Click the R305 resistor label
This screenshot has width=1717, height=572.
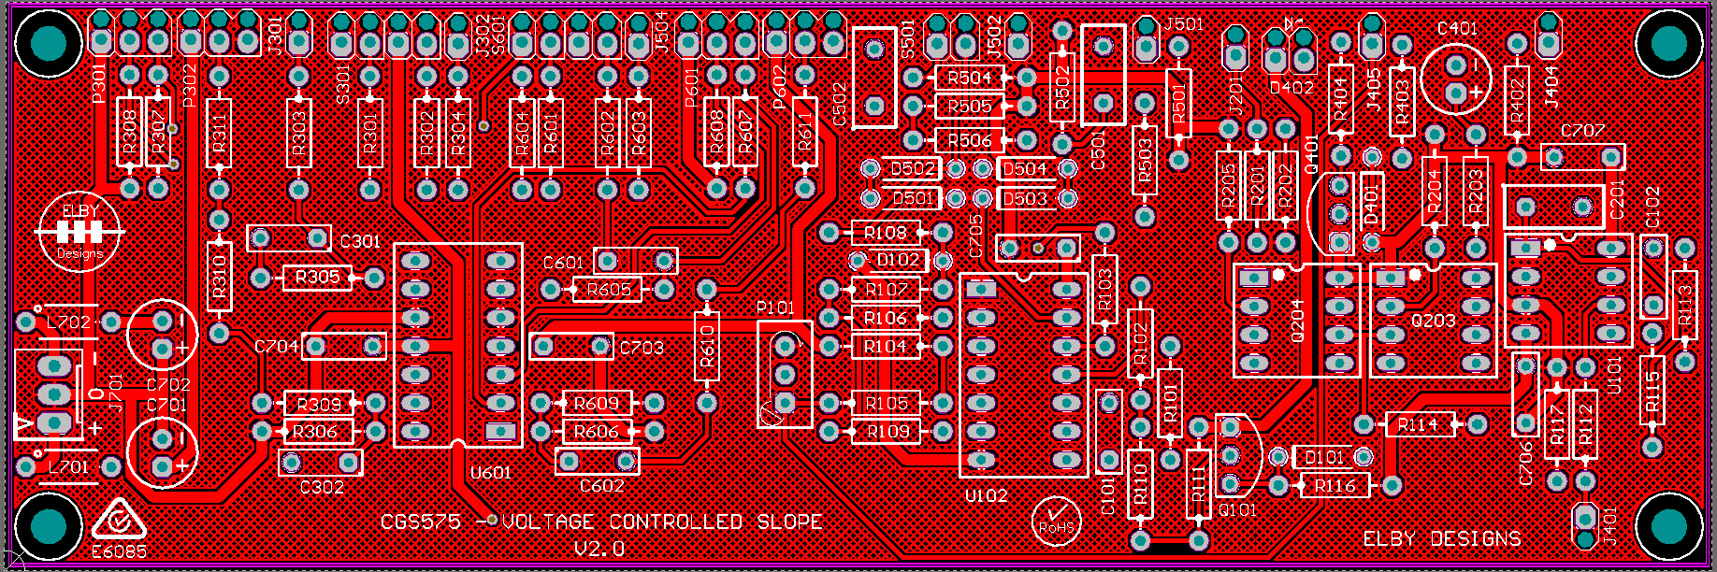(317, 278)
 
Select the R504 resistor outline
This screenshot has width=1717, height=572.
(969, 79)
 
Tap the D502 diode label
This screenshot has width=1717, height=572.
(913, 169)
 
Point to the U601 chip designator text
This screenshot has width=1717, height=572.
(491, 473)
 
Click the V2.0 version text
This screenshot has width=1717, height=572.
(599, 549)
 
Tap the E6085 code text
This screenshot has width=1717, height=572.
(119, 551)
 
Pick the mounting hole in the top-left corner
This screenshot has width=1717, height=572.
(45, 41)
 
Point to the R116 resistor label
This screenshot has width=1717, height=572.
(1335, 486)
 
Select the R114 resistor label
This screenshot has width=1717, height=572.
(1418, 425)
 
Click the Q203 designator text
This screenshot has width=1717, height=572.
(1433, 321)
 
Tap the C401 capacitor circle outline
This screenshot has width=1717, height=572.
(1455, 78)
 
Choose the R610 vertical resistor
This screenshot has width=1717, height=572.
(706, 346)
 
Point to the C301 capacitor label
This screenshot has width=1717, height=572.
(360, 241)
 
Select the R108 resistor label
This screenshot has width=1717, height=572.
(885, 233)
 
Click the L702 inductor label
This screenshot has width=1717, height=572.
(68, 322)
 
